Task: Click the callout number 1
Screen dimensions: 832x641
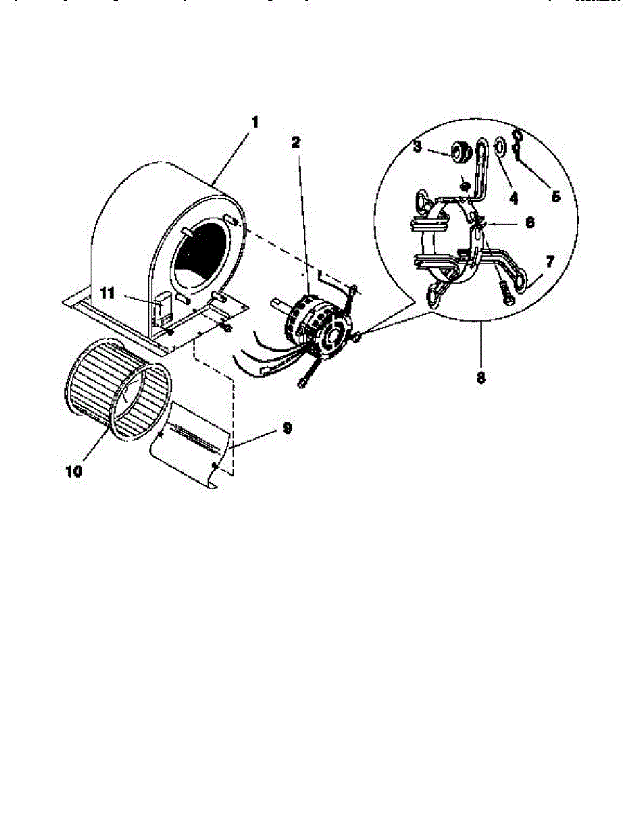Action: coord(254,122)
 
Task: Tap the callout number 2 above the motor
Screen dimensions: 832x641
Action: coord(296,143)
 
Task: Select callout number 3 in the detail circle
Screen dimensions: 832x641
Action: coord(417,147)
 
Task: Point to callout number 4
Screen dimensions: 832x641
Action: coord(513,198)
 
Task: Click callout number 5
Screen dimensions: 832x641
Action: coord(555,196)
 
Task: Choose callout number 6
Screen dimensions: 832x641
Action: coord(529,224)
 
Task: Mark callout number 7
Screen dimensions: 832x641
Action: coord(550,261)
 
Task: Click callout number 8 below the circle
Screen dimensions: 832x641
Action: coord(480,379)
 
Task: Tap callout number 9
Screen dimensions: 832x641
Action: coord(286,428)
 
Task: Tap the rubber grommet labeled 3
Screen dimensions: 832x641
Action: coord(458,150)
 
